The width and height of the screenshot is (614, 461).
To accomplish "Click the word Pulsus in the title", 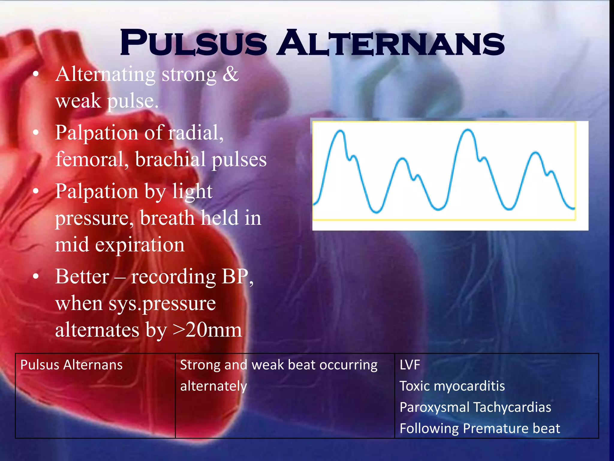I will (x=193, y=43).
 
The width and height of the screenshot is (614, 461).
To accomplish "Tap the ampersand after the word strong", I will (x=230, y=74).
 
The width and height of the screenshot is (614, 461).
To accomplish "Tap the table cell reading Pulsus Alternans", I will (x=71, y=365).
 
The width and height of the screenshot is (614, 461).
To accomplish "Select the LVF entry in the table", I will (x=410, y=365).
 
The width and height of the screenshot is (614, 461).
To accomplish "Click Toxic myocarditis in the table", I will (x=452, y=386).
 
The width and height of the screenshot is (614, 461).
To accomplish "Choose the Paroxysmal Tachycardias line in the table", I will (x=475, y=407).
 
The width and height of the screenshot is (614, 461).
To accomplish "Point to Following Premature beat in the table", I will (x=480, y=428).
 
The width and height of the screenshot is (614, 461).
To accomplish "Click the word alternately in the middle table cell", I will (x=213, y=386).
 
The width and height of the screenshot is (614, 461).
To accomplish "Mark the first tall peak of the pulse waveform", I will (x=340, y=131).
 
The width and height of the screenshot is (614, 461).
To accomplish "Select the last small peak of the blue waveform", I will (x=535, y=153).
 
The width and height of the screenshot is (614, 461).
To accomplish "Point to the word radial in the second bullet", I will (x=195, y=132).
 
